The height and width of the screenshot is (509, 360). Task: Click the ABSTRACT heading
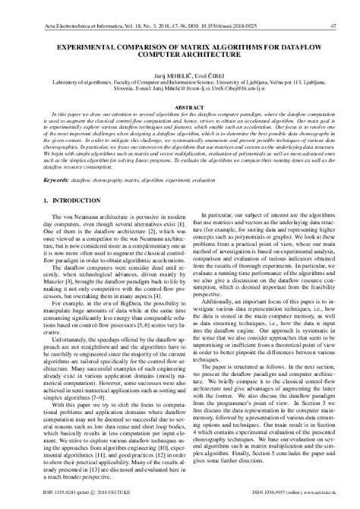(180, 108)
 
